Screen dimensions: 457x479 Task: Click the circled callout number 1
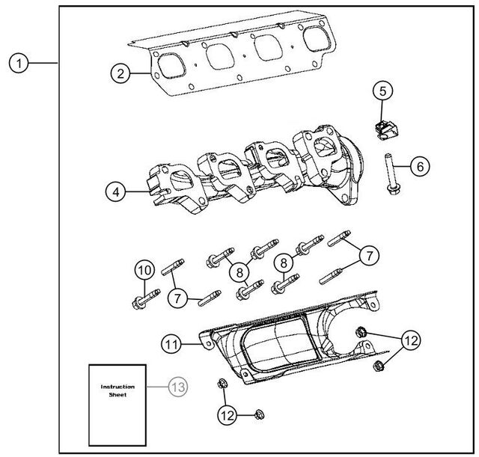pos(20,64)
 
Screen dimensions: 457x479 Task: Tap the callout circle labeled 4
pos(114,192)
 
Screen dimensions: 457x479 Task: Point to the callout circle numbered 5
pos(382,91)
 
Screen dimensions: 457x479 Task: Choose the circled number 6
pos(420,165)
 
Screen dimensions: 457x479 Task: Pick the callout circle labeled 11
pos(172,343)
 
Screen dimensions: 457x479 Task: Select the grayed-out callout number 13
pos(177,387)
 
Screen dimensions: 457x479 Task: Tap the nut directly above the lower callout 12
pos(222,384)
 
